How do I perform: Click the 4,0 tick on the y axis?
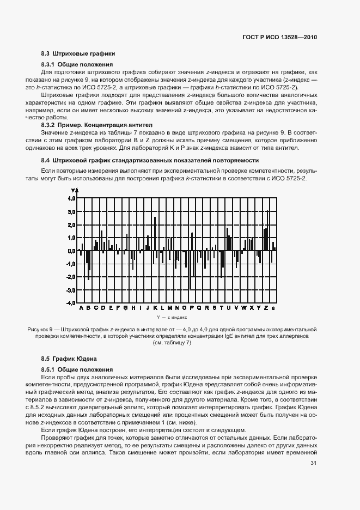click(71, 199)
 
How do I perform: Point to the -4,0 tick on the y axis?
click(70, 303)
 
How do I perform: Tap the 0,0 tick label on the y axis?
click(71, 251)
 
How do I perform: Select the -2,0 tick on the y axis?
click(70, 277)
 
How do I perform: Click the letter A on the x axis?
click(81, 308)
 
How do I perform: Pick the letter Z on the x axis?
click(266, 308)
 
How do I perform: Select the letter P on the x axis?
click(192, 308)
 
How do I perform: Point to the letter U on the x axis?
click(229, 308)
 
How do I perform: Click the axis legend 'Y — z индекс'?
click(172, 316)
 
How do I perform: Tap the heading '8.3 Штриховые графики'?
click(78, 53)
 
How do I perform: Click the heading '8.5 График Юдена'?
click(69, 359)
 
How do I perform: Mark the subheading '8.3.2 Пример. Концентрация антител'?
click(93, 125)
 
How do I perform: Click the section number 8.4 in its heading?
click(46, 160)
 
